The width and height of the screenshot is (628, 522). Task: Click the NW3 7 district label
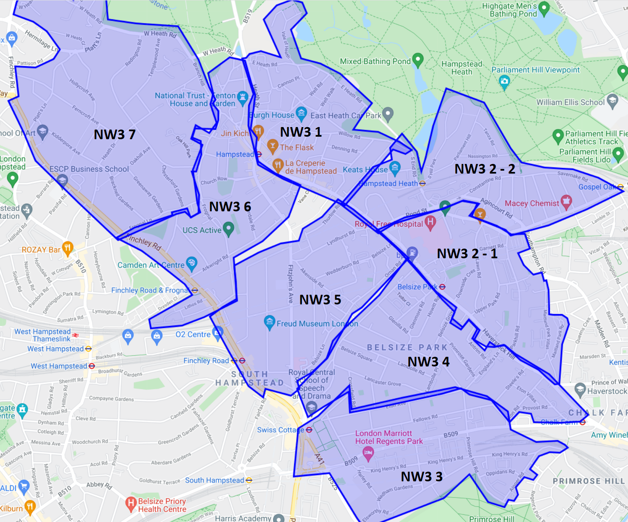coord(115,135)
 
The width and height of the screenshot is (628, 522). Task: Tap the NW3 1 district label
coord(301,132)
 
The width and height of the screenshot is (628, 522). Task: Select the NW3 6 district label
coord(230,207)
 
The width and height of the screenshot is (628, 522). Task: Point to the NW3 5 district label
coord(320,300)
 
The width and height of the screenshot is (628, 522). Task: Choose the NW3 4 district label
coord(428,362)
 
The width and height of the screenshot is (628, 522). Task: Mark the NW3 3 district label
coord(422,477)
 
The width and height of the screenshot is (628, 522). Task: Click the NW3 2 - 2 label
coord(485,169)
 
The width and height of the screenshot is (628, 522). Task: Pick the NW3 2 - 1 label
coord(467,254)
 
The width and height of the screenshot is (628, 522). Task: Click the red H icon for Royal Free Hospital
coord(430,223)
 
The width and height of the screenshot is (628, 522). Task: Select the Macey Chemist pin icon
coord(566,202)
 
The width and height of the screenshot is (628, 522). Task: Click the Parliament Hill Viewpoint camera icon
coord(504,81)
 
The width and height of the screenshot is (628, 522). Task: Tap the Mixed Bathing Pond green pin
coord(418,60)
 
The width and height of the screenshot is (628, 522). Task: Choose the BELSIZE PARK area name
coord(407,348)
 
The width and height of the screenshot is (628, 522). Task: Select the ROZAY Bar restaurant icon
coord(67,248)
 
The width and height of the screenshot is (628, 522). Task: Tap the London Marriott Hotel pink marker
coord(368,453)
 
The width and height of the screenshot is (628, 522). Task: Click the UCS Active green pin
coord(229,229)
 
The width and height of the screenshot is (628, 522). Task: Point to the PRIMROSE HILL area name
coord(589,481)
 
